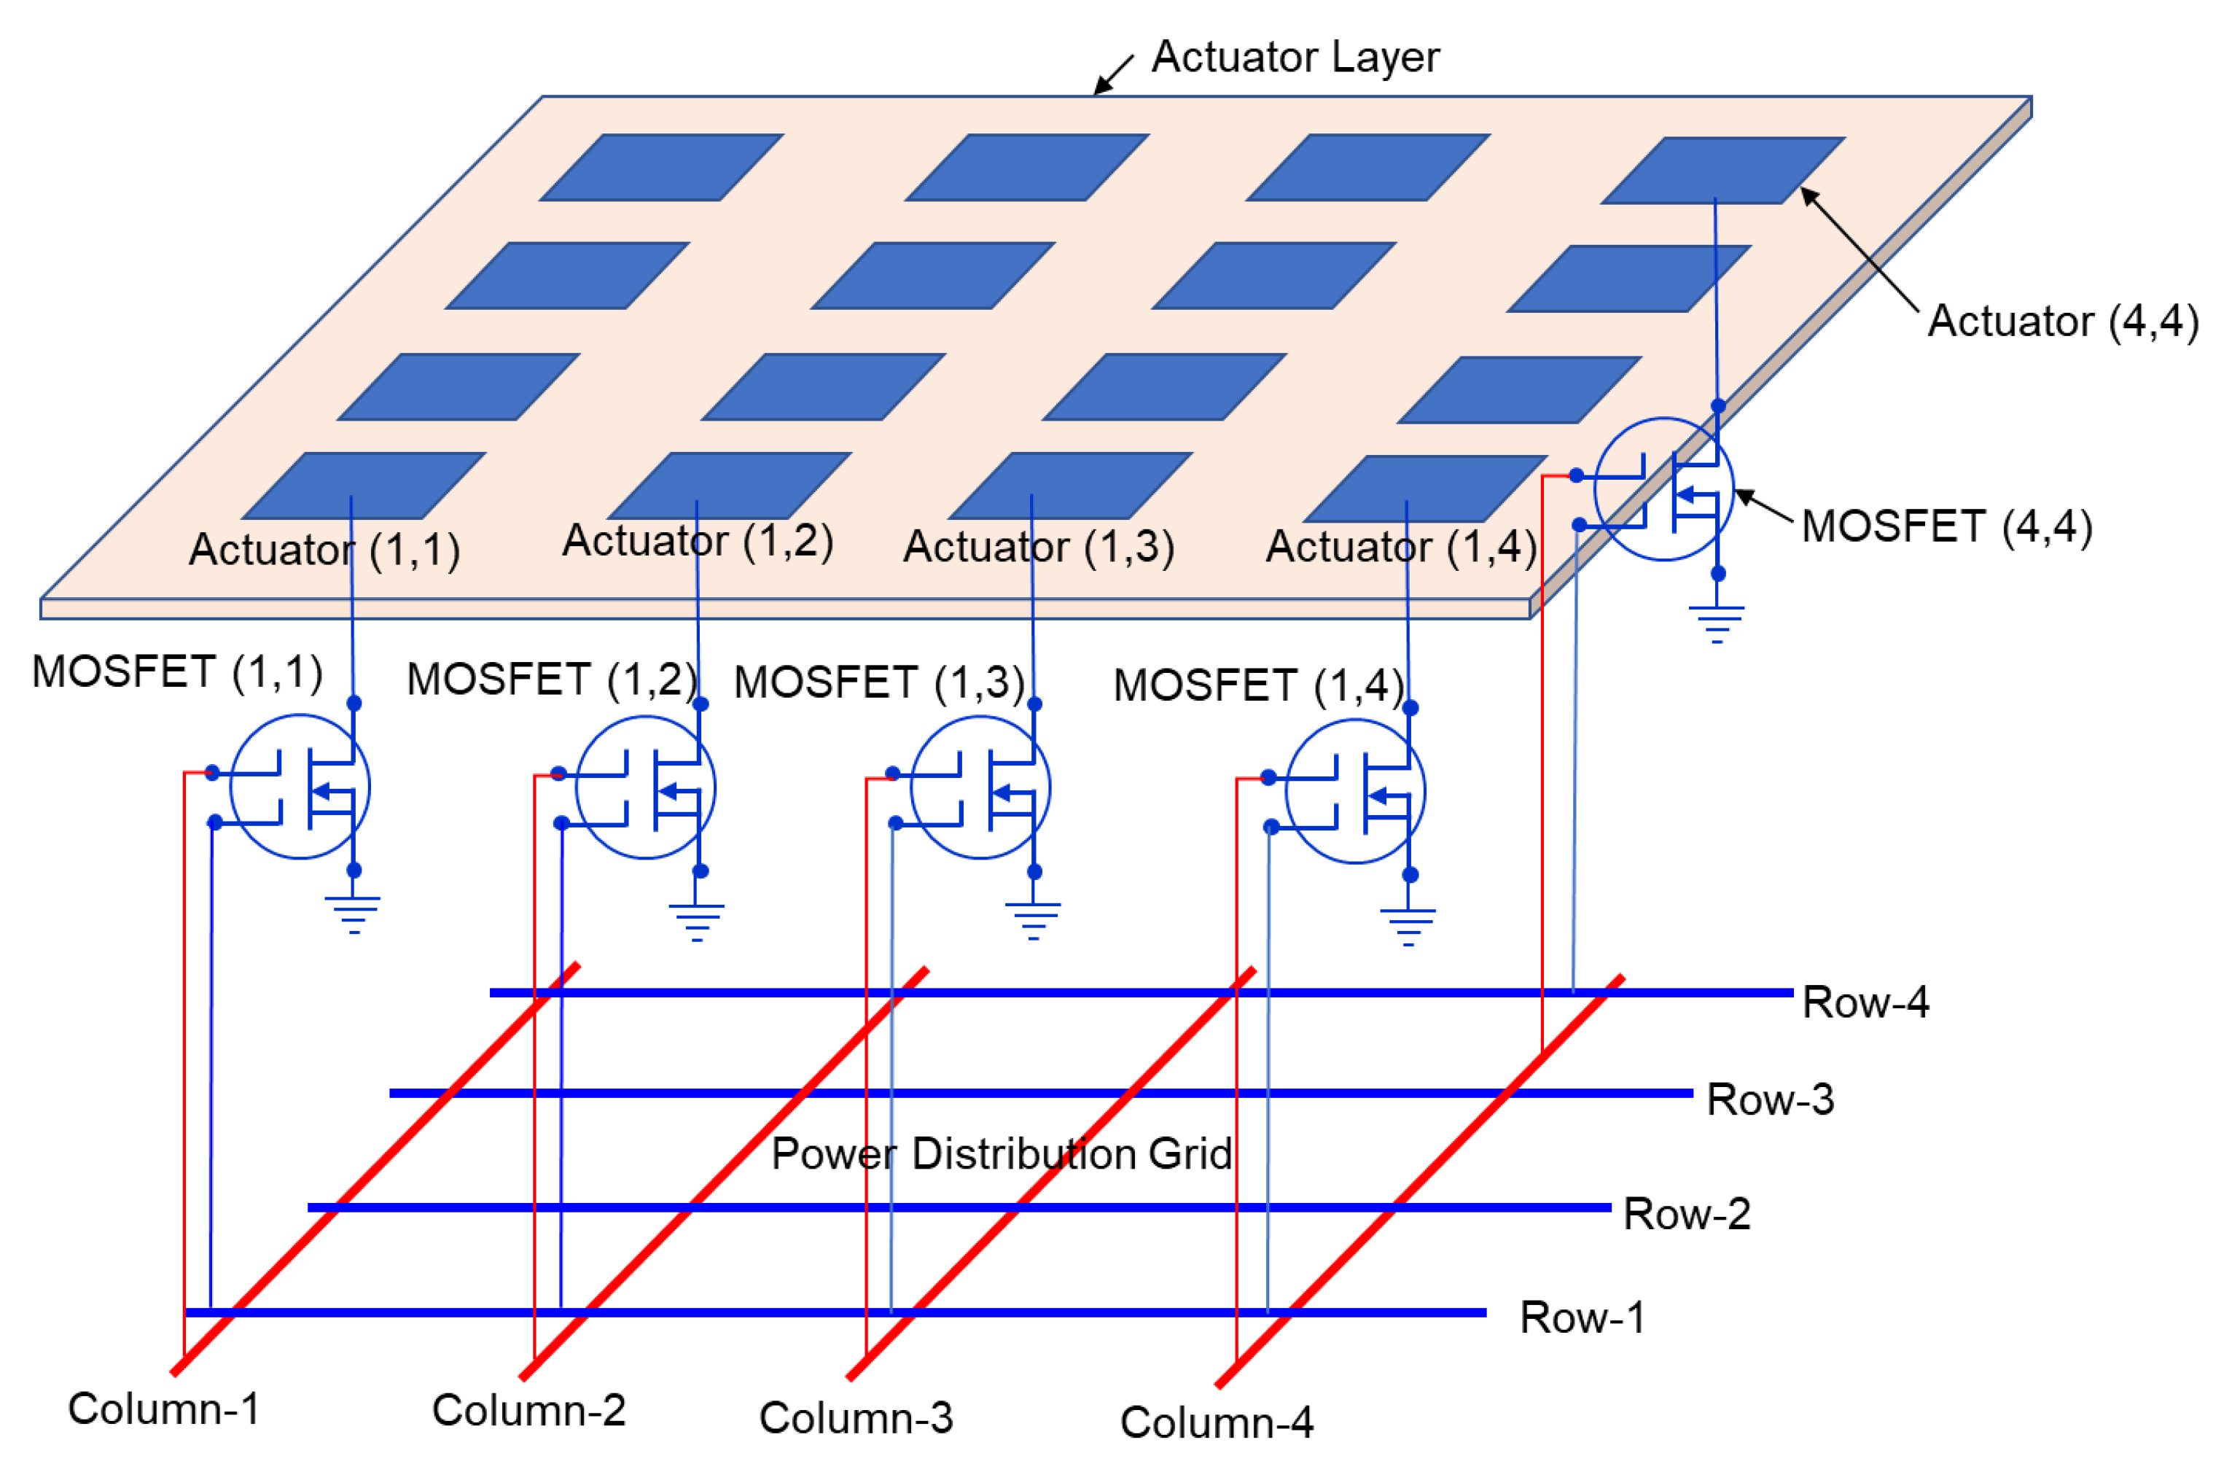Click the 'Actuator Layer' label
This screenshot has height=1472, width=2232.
tap(1295, 58)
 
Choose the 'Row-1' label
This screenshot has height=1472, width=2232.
tap(1582, 1317)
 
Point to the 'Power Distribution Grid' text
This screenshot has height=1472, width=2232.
tap(1001, 1153)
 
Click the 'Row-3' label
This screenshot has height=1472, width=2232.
tap(1769, 1099)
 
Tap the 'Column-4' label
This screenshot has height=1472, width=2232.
tap(1217, 1422)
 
